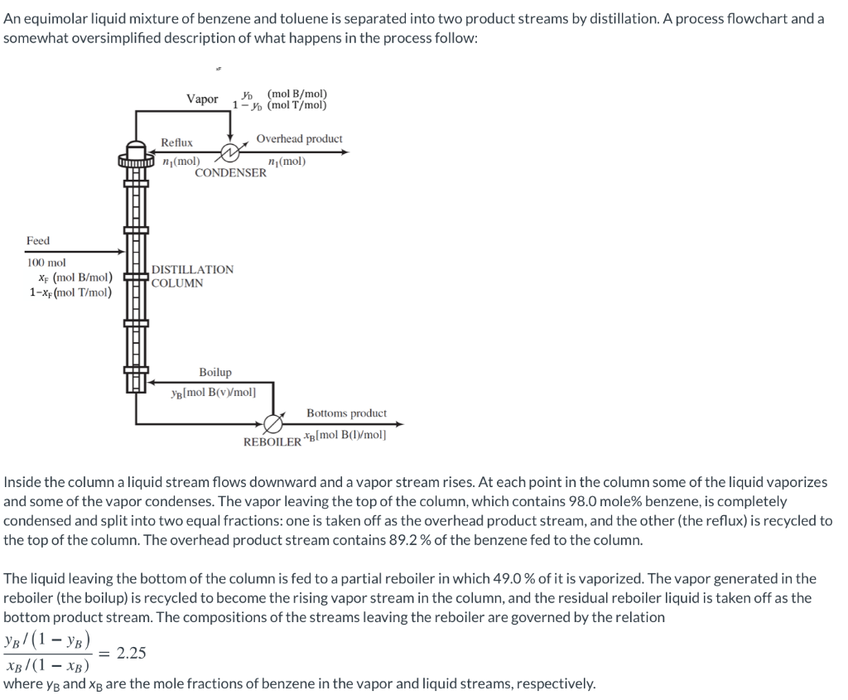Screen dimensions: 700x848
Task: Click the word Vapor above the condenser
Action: [202, 99]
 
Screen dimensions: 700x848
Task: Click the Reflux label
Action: [176, 143]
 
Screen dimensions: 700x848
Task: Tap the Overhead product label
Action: [299, 138]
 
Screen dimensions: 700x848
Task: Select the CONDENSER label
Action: [231, 173]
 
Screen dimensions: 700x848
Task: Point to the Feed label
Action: [38, 240]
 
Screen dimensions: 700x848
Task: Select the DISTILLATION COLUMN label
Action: [192, 277]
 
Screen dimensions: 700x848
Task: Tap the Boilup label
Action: [215, 373]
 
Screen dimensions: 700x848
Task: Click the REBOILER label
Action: [272, 442]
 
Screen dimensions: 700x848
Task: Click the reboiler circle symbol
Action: [272, 423]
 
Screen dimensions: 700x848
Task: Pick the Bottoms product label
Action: [346, 413]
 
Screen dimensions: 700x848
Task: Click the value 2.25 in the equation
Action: [131, 653]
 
